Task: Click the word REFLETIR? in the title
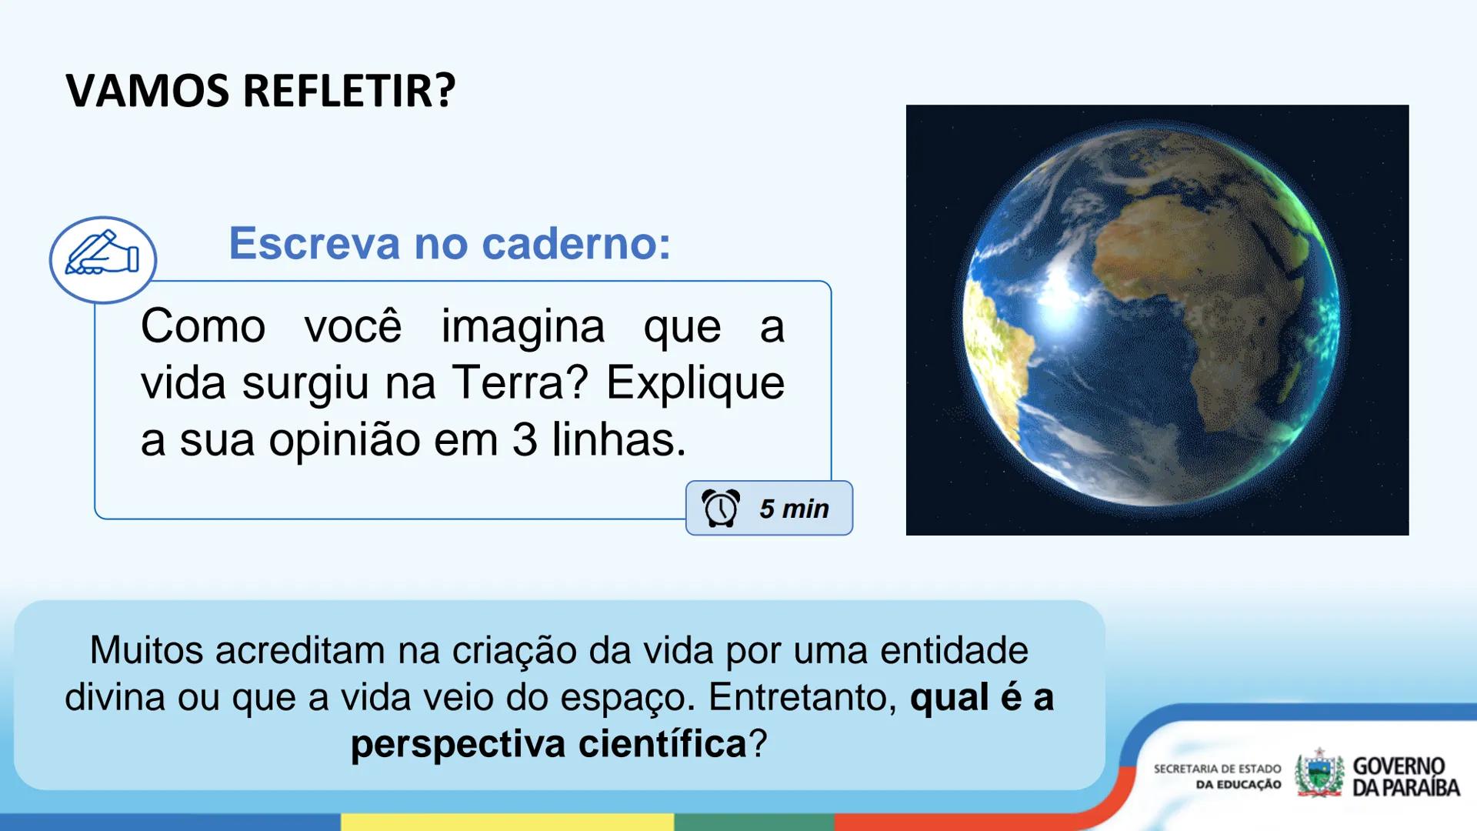(349, 91)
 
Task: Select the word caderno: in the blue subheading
(576, 243)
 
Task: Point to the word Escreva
(315, 243)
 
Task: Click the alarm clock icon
(721, 509)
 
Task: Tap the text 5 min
(794, 509)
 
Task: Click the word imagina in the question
(523, 326)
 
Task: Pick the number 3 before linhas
(525, 439)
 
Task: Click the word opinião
(345, 439)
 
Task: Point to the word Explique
(695, 382)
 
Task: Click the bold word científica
(662, 744)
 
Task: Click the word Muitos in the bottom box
(146, 650)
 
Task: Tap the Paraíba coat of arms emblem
(1319, 774)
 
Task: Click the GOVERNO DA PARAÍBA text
(1405, 776)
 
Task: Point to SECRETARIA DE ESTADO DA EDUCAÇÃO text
(1217, 776)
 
